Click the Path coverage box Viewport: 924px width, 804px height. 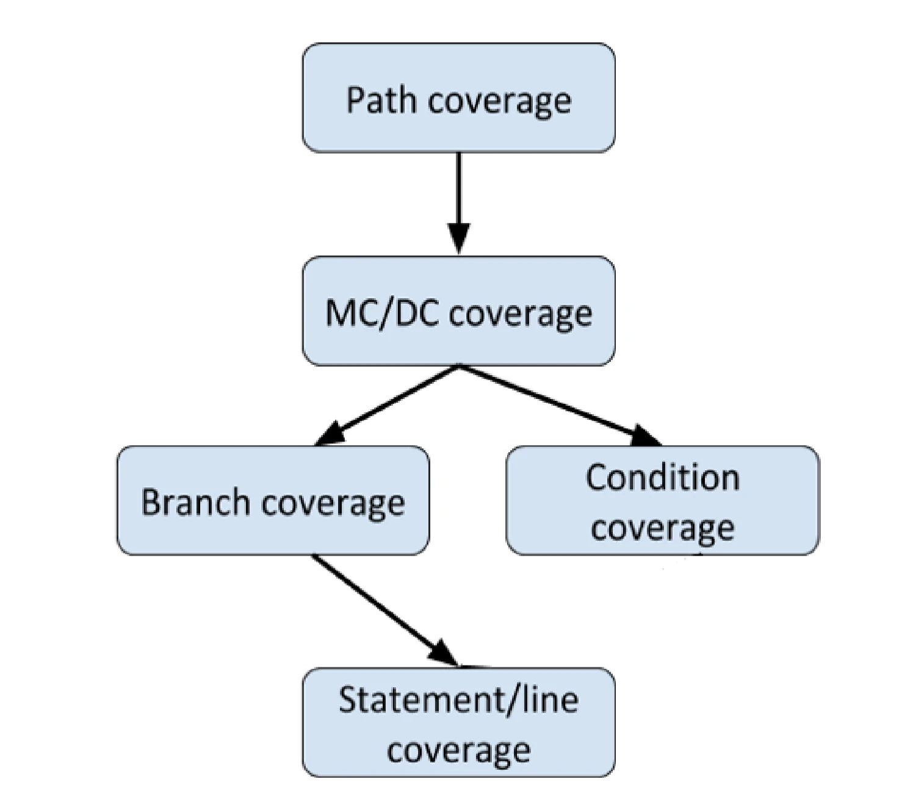[x=458, y=98]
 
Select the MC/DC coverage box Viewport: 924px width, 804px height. [x=458, y=311]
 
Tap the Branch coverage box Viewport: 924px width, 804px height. [x=273, y=501]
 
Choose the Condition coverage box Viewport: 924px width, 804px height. [x=663, y=501]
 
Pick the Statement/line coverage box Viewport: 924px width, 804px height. [x=458, y=722]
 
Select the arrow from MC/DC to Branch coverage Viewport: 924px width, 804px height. [x=387, y=405]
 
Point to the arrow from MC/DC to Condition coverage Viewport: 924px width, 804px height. [x=560, y=405]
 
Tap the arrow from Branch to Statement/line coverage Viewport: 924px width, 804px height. [x=385, y=611]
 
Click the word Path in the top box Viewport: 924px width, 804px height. [x=381, y=99]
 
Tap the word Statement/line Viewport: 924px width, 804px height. [x=458, y=700]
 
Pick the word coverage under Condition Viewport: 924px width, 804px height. [x=663, y=529]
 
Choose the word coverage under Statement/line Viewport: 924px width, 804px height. [x=458, y=750]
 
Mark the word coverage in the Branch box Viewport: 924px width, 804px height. [x=333, y=504]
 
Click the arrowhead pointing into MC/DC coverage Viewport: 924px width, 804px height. [x=459, y=239]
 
